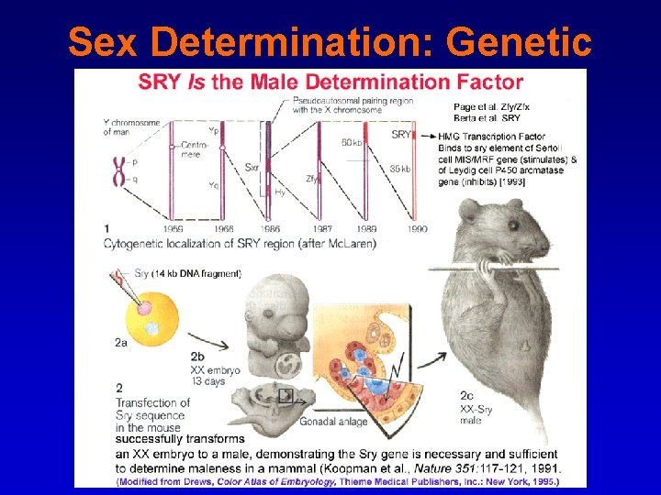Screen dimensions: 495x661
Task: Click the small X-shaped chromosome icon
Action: coord(118,170)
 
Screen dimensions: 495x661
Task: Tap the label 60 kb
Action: coord(352,142)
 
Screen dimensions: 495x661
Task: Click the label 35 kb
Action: coord(400,169)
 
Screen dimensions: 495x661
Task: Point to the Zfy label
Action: coord(313,179)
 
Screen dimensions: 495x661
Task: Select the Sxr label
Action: coord(252,168)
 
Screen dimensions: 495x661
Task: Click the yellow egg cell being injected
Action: coord(142,315)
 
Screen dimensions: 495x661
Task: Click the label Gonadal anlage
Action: coord(333,421)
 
